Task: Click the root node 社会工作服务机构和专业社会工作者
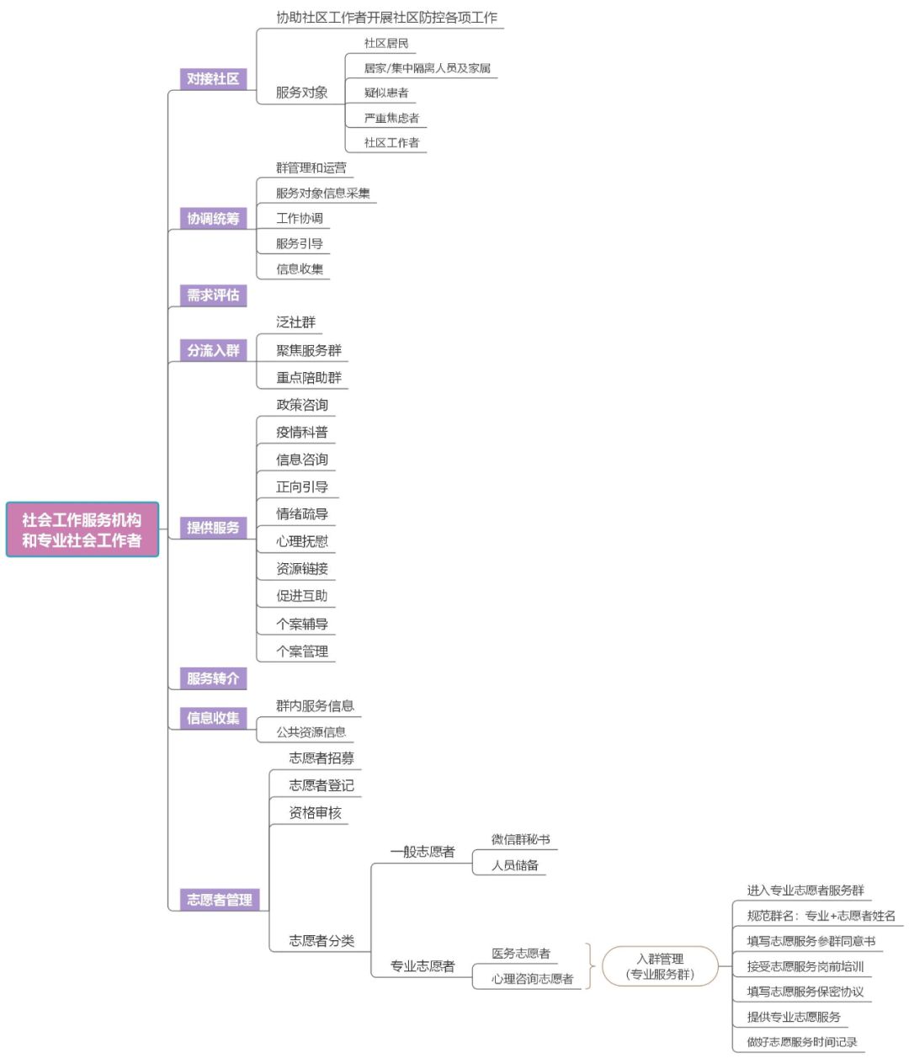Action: coord(82,529)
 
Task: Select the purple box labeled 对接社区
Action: coord(213,78)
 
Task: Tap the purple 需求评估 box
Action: coord(213,295)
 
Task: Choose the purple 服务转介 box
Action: coord(213,678)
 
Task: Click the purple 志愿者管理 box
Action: coord(219,899)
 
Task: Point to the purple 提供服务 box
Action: coord(213,528)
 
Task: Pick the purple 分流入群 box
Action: coord(213,350)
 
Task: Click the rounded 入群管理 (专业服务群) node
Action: coord(660,966)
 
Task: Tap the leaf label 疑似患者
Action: coord(386,93)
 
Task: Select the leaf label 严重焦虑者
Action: coord(391,118)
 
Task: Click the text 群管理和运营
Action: coord(311,167)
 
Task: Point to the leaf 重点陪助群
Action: coord(309,377)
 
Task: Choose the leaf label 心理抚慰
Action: coord(302,541)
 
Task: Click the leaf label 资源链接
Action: coord(302,568)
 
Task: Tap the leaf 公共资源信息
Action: coord(311,731)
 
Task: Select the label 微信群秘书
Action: coord(520,839)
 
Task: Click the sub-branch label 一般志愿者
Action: coord(423,851)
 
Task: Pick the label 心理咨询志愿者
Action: coord(532,979)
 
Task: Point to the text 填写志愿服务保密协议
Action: coord(805,992)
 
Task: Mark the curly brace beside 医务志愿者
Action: coord(590,966)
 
